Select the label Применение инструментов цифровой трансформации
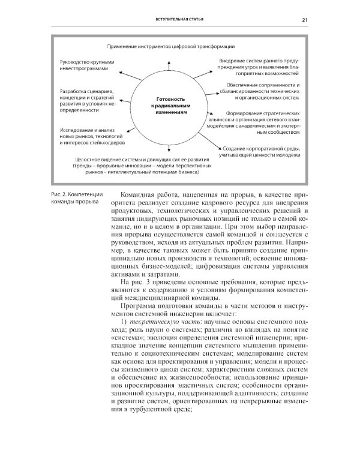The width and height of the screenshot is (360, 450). [170, 46]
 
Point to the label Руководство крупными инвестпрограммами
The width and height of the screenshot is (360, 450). [85, 65]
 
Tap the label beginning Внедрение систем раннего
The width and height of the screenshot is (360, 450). [259, 65]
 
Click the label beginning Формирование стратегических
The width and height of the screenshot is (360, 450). [264, 122]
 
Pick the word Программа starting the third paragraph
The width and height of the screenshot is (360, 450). [142, 304]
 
